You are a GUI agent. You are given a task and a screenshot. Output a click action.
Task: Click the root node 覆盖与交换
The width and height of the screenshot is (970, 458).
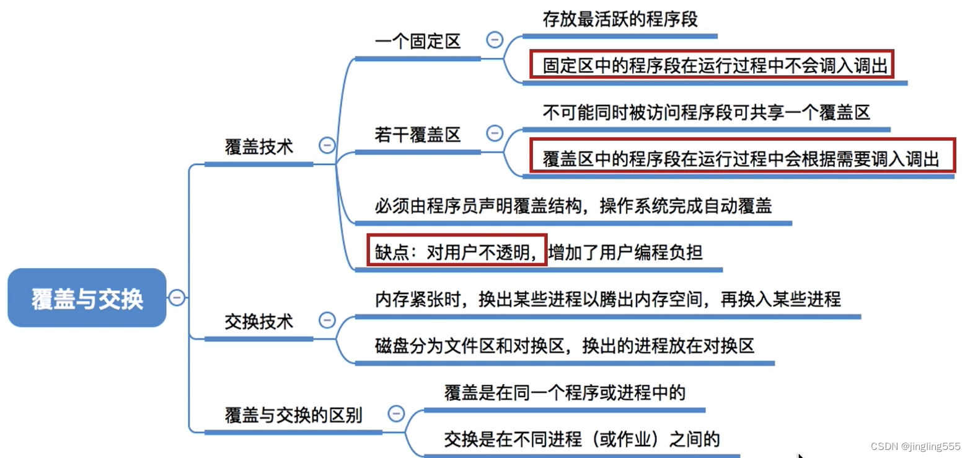(87, 298)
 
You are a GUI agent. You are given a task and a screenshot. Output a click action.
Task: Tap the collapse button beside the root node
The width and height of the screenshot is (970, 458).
(177, 298)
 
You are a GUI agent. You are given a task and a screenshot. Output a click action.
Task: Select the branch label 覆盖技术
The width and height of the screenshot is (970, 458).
(258, 147)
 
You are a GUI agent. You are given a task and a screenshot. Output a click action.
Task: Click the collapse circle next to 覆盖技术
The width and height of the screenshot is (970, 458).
(326, 146)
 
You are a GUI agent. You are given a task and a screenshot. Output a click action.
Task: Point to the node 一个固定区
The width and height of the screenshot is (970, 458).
(418, 42)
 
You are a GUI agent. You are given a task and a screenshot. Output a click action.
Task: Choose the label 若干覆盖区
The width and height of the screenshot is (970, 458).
(418, 135)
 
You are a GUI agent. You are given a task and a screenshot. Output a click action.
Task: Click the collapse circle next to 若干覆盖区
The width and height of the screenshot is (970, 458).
(495, 133)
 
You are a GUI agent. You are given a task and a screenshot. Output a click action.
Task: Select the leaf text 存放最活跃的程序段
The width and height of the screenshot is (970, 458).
(620, 19)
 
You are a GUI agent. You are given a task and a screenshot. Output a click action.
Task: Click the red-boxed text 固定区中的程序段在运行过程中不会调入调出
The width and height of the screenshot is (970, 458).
(712, 65)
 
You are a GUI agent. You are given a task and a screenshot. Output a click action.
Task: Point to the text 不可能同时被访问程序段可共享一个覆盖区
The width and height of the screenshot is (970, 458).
(706, 112)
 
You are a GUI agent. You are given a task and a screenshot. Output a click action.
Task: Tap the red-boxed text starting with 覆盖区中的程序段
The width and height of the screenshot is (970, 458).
(740, 158)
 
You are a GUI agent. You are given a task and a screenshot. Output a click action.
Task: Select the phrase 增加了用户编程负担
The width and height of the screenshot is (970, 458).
(626, 252)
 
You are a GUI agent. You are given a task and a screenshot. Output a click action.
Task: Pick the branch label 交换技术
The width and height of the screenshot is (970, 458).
(258, 322)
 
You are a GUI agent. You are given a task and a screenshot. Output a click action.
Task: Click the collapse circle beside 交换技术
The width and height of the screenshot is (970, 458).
(326, 320)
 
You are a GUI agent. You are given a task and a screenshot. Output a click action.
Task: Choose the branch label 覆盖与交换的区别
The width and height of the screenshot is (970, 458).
(293, 415)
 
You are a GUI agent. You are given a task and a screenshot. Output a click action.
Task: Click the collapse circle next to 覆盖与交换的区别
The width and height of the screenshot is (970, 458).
(395, 413)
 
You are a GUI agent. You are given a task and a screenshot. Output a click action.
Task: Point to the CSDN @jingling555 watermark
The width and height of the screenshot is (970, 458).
(915, 447)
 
